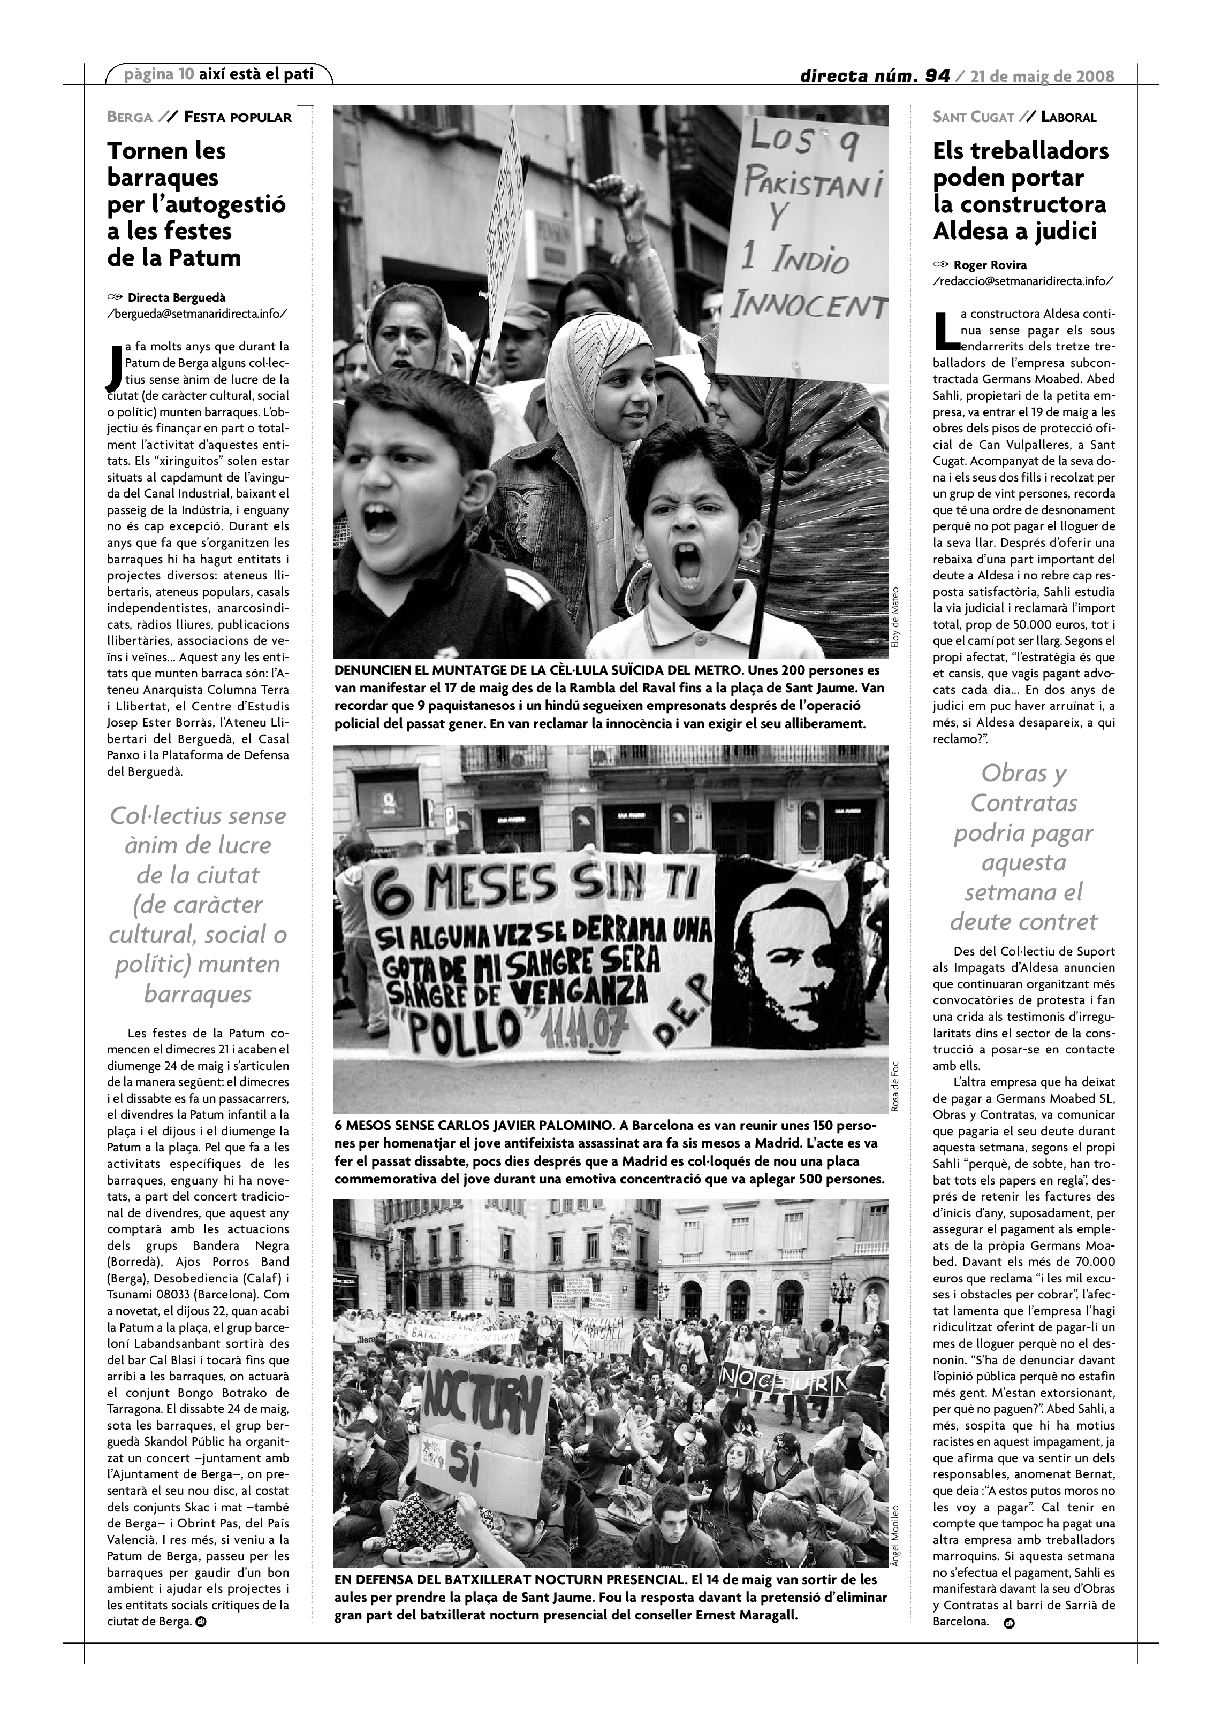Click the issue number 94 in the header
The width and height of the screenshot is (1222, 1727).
click(938, 76)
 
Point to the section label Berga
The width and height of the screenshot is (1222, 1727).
click(130, 117)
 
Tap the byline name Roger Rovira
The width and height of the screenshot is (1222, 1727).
click(990, 265)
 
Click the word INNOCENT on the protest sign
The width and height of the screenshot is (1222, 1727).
click(810, 305)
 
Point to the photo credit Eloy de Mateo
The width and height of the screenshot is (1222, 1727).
click(894, 615)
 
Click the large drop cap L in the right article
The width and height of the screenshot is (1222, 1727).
click(945, 331)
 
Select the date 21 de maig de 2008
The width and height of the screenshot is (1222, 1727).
click(1042, 76)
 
